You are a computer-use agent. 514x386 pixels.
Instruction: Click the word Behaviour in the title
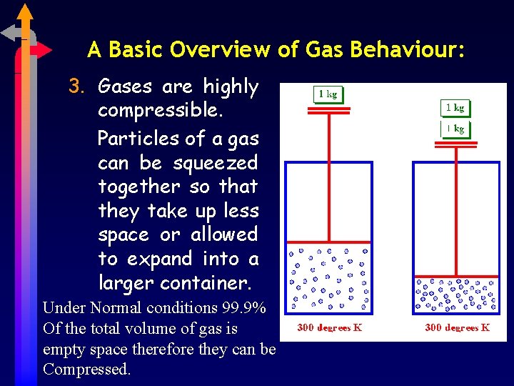click(x=413, y=50)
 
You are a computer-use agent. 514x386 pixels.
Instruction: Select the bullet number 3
click(x=76, y=87)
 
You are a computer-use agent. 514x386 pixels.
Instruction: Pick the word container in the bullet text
click(x=206, y=283)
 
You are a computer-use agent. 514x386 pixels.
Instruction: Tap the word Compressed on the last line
click(x=86, y=370)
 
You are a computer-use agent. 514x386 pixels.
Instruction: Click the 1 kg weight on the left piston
click(x=328, y=94)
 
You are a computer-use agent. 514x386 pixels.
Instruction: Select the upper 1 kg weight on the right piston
click(x=454, y=108)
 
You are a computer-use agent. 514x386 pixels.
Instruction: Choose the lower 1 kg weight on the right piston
click(x=454, y=129)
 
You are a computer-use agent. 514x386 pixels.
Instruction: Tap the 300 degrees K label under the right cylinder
click(x=456, y=327)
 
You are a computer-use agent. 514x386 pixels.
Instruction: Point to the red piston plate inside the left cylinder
click(x=328, y=243)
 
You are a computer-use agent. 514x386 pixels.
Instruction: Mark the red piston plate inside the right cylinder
click(x=455, y=276)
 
